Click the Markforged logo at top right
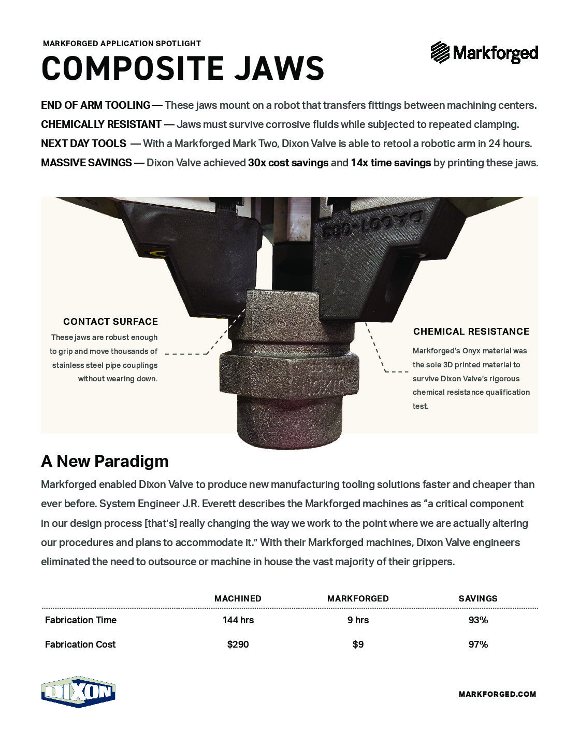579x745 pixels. tap(484, 52)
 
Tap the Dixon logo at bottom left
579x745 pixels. tap(78, 692)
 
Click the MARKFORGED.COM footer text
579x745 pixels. tap(497, 694)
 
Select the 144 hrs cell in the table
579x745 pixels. tap(238, 620)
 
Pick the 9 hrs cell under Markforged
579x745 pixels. tap(358, 620)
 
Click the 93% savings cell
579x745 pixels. tap(477, 620)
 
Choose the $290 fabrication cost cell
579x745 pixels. tap(238, 644)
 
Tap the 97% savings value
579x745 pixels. tap(477, 644)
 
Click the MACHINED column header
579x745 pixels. tap(238, 598)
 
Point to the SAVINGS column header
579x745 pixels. tap(477, 598)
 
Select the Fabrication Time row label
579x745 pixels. tap(81, 620)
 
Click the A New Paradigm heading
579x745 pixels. tap(105, 461)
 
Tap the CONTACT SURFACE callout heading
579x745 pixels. tap(110, 321)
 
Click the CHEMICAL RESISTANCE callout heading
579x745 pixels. tap(471, 331)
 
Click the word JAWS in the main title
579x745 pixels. tap(279, 68)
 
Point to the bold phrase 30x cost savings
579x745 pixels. tap(288, 163)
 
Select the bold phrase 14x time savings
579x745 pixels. tap(390, 163)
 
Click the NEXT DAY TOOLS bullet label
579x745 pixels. tap(83, 144)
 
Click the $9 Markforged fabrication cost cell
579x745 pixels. tap(358, 644)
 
